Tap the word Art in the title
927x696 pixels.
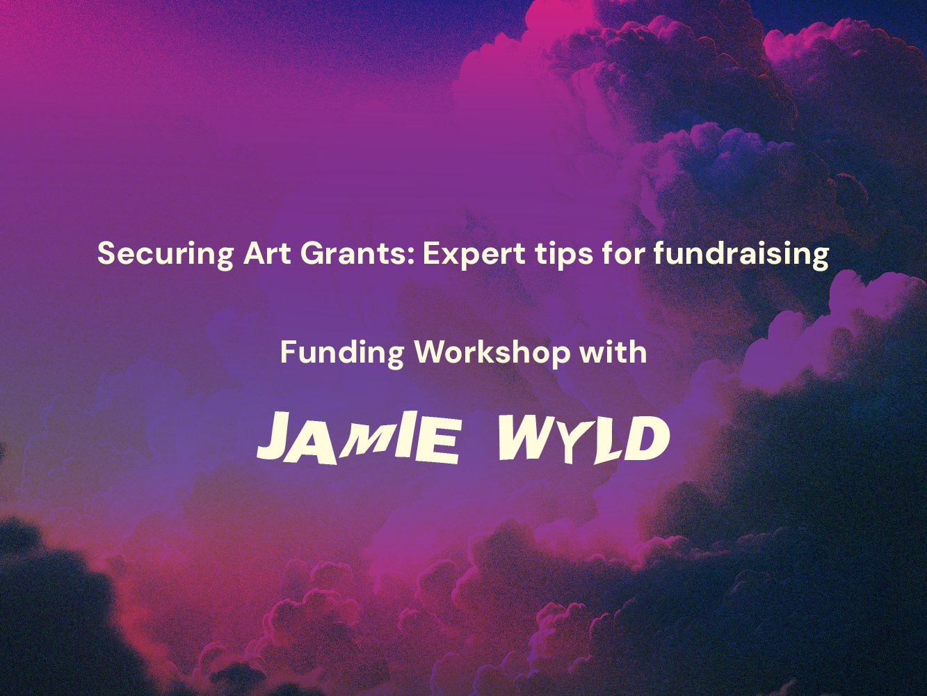267,253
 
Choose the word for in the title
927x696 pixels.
623,253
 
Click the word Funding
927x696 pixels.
342,354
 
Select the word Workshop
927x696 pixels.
492,354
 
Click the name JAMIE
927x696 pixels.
357,438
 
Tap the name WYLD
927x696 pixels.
583,439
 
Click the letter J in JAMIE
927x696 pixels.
280,436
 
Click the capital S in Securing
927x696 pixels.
107,253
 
